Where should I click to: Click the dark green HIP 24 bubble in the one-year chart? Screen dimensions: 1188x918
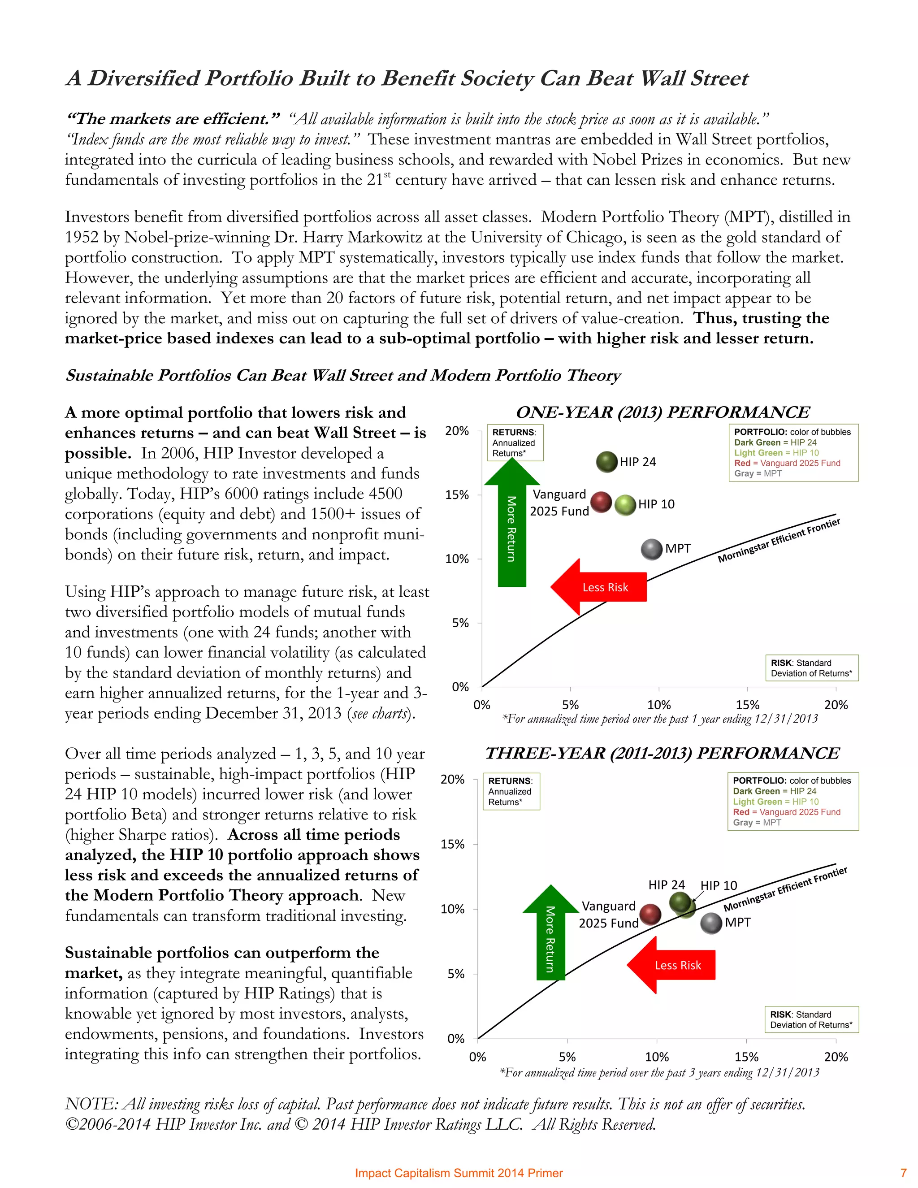pos(607,462)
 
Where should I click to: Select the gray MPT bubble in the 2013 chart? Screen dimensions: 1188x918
pos(651,550)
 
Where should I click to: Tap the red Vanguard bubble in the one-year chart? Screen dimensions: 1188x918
pos(601,502)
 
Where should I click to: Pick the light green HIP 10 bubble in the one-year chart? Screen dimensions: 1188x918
pos(625,505)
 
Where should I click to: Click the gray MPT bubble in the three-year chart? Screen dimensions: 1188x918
pos(711,923)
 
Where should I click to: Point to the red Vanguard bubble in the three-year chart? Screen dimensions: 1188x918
pos(650,915)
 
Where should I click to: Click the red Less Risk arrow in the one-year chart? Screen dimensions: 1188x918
pos(598,587)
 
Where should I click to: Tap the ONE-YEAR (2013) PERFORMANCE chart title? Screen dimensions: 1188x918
pos(663,412)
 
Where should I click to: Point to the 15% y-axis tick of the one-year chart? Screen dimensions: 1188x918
pos(457,495)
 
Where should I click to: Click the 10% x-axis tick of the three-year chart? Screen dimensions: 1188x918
pos(656,1057)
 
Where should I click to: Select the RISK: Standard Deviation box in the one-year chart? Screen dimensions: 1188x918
pos(811,668)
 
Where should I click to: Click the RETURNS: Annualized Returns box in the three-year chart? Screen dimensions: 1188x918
pos(511,791)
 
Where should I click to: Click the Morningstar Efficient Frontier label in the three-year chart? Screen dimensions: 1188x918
pos(785,889)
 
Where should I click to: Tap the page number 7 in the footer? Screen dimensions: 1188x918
pos(903,1173)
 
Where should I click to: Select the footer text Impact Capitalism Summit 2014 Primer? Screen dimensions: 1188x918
pos(459,1173)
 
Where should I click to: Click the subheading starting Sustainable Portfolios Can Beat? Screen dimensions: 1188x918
pos(342,375)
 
